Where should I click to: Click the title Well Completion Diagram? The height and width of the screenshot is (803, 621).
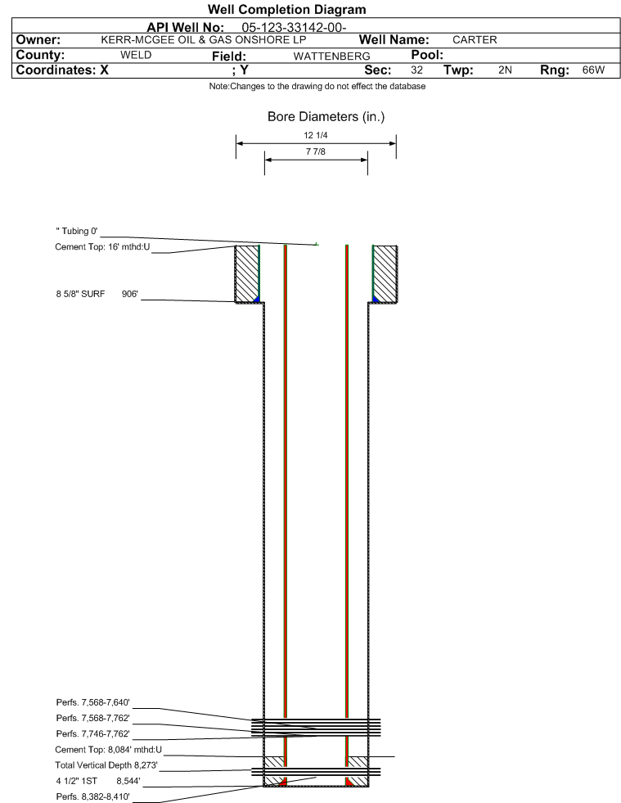[x=286, y=10]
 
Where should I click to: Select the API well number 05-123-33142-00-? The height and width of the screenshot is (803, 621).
[x=294, y=28]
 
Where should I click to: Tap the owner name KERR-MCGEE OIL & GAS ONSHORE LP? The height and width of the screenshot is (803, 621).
[x=203, y=40]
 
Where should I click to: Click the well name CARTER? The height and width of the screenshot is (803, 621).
[x=475, y=40]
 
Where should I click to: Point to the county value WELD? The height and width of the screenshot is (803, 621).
[x=136, y=56]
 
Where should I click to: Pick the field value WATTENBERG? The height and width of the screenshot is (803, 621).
[x=331, y=56]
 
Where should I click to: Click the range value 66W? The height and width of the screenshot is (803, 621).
[x=593, y=70]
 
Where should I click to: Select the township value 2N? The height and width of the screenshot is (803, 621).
[x=505, y=70]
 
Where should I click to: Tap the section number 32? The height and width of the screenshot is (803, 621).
[x=416, y=70]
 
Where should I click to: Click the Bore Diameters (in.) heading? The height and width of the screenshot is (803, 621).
[x=326, y=117]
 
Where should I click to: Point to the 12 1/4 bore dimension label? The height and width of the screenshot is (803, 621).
[x=315, y=135]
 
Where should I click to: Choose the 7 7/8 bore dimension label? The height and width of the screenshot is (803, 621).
[x=315, y=151]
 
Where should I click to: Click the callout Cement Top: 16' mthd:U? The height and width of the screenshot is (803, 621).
[x=102, y=247]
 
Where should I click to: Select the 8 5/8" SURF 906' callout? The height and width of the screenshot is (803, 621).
[x=97, y=294]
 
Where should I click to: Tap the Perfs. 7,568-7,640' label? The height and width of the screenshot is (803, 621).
[x=92, y=702]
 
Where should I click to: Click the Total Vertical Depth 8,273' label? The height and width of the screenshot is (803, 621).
[x=106, y=765]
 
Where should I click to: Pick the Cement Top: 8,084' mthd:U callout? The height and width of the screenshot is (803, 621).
[x=109, y=750]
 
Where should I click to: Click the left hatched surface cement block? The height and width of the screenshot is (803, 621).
[x=247, y=274]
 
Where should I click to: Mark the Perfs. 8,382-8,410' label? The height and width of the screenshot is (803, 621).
[x=92, y=796]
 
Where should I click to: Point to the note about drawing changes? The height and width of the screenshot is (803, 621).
[x=317, y=87]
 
